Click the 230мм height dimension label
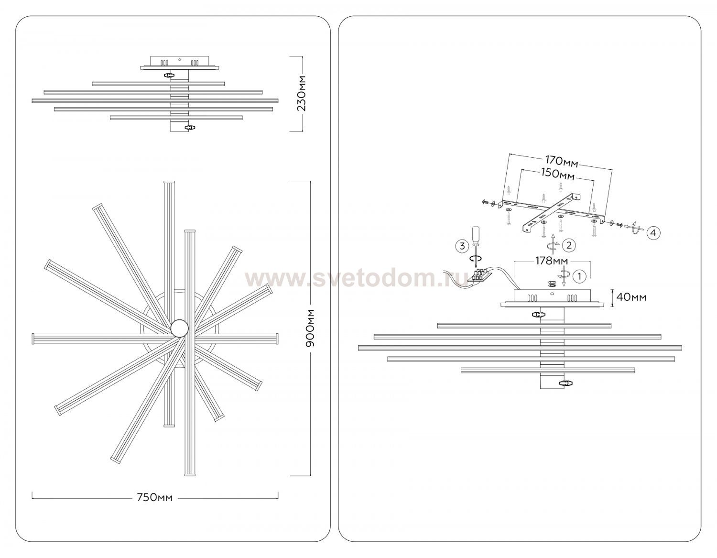click(x=302, y=93)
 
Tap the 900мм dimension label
click(x=310, y=328)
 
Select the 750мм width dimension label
click(x=155, y=497)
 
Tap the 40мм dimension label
click(x=631, y=297)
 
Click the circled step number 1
click(x=580, y=276)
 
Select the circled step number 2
click(x=569, y=245)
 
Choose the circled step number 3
click(x=462, y=246)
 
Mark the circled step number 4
click(x=653, y=233)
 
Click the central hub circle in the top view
click(x=180, y=328)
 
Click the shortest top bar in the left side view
click(x=158, y=84)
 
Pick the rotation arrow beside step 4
click(x=633, y=228)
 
